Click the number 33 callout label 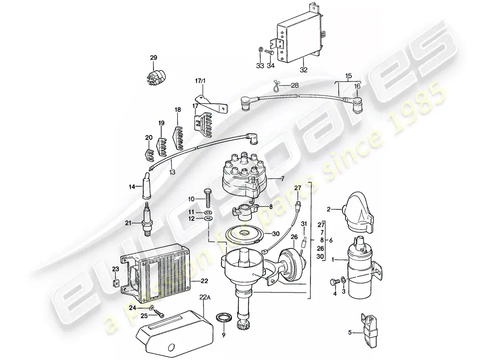click(x=260, y=66)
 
